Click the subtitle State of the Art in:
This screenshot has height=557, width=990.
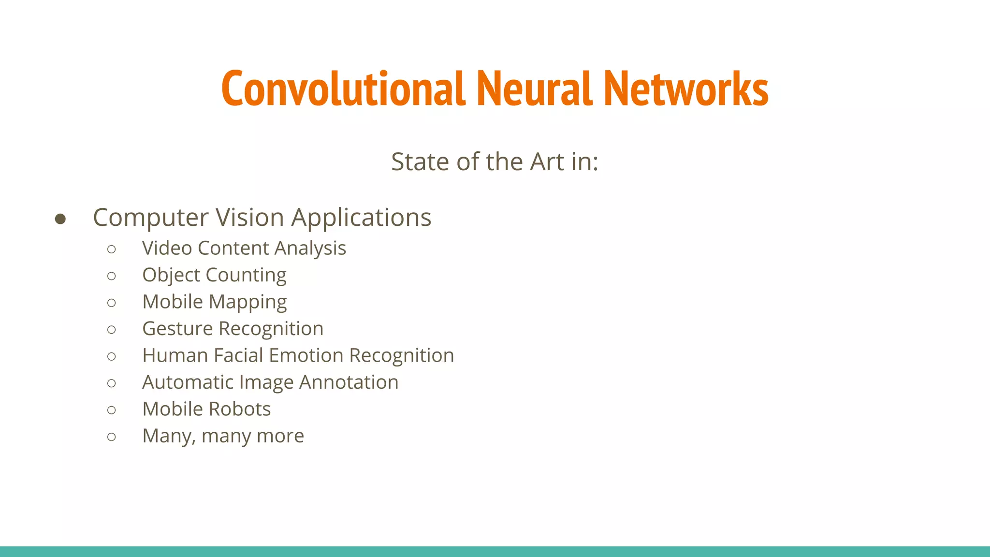(x=495, y=161)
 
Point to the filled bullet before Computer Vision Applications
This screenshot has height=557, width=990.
(x=60, y=219)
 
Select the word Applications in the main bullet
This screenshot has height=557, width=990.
(x=361, y=218)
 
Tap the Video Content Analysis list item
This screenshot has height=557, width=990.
(x=244, y=248)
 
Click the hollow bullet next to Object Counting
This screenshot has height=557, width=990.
(x=112, y=276)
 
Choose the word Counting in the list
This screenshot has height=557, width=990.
(x=246, y=275)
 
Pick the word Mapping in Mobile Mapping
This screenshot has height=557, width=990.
(x=248, y=302)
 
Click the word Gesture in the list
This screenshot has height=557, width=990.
(x=177, y=329)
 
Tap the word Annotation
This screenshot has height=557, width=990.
(x=349, y=382)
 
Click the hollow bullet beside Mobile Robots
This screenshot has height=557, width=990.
(x=112, y=410)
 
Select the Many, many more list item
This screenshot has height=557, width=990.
(x=223, y=436)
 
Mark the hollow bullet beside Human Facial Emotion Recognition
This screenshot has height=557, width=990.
(x=112, y=357)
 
